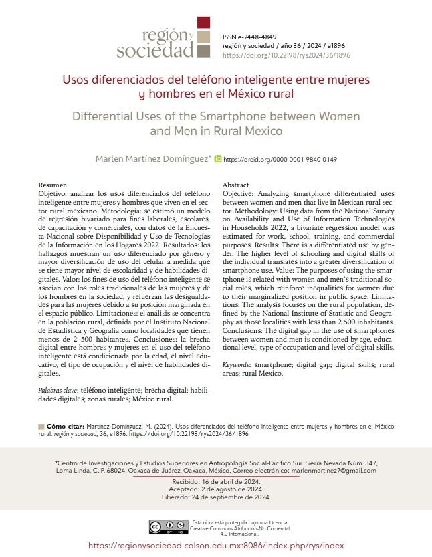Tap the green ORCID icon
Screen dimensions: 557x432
click(217, 160)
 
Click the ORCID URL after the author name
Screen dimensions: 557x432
click(280, 160)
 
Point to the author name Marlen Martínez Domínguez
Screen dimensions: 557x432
click(153, 160)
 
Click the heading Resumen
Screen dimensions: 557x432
click(53, 185)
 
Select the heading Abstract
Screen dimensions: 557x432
click(235, 185)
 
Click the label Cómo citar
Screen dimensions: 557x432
click(65, 425)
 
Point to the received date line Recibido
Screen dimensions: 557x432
click(215, 481)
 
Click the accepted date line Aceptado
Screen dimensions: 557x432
click(215, 489)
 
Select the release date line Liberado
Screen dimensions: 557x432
click(215, 497)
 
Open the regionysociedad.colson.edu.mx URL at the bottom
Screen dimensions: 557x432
click(215, 546)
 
